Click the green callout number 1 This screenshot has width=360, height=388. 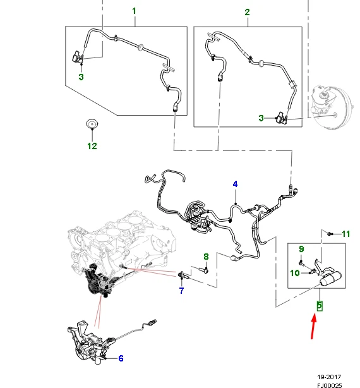click(134, 11)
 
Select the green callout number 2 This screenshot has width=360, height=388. click(247, 12)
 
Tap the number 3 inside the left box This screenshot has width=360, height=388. click(81, 77)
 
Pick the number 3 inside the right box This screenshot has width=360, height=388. click(261, 118)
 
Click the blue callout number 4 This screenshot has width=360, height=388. click(235, 184)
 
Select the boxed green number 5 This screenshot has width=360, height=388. click(320, 306)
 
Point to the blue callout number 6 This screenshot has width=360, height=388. click(121, 358)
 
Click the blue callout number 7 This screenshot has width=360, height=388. click(181, 291)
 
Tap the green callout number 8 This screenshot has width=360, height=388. click(206, 257)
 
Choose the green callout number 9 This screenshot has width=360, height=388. click(301, 249)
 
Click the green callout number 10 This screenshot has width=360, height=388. click(295, 273)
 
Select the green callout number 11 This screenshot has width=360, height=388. click(346, 234)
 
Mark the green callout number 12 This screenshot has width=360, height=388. click(92, 146)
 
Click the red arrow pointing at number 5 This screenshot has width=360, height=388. click(313, 327)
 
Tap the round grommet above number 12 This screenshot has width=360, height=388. click(92, 124)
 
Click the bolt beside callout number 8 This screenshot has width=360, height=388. click(203, 270)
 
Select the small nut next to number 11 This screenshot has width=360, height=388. click(330, 234)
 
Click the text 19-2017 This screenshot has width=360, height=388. click(329, 377)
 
